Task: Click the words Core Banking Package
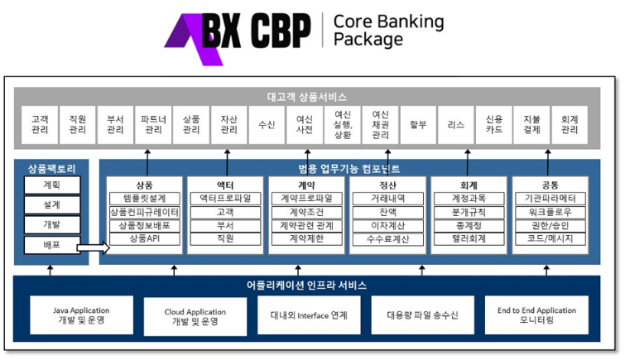coord(387,31)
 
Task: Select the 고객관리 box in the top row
coord(40,125)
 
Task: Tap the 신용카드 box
coord(493,125)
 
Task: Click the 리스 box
coord(455,125)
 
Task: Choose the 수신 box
coord(267,125)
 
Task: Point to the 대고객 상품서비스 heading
coord(306,97)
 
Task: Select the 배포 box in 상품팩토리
coord(51,245)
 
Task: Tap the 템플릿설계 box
coord(144,199)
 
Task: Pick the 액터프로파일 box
coord(225,199)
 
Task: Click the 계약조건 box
coord(306,212)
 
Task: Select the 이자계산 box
coord(387,225)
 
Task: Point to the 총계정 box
coord(469,225)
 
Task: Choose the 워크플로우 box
coord(550,212)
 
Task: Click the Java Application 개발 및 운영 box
coord(81,315)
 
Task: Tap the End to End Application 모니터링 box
coord(536,315)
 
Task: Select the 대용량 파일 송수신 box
coord(422,315)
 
